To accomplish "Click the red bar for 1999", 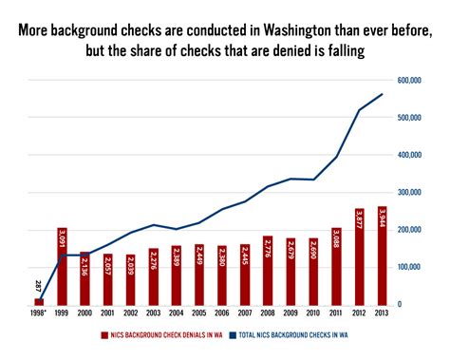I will (62, 266).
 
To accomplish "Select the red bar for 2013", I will (383, 256).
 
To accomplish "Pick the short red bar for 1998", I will (39, 301).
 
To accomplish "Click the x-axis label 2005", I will (199, 313).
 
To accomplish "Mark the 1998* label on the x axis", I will (39, 313).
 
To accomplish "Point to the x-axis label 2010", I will (314, 313).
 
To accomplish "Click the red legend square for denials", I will (102, 335).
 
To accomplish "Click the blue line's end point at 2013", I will (383, 94).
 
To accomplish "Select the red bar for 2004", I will (177, 275).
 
